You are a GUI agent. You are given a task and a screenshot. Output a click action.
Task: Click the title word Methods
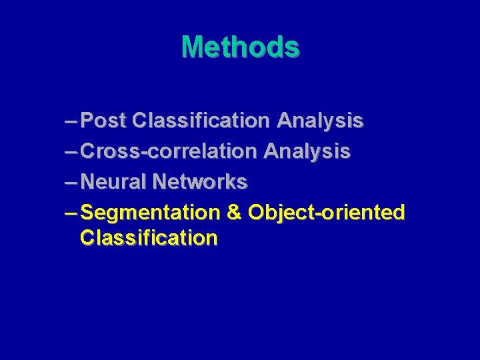[x=240, y=47]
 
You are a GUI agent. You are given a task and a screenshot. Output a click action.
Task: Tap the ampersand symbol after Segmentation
[x=234, y=213]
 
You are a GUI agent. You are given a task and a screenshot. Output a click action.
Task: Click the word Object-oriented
[x=326, y=213]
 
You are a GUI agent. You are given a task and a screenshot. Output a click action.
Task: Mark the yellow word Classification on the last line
[x=148, y=238]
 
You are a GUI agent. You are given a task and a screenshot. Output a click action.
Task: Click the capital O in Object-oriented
[x=257, y=213]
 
